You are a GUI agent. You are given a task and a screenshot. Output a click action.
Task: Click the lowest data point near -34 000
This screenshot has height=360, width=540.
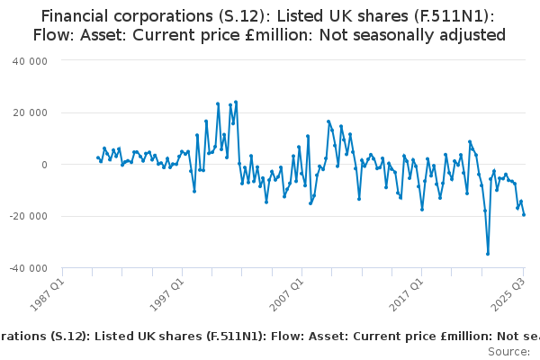pyautogui.click(x=488, y=254)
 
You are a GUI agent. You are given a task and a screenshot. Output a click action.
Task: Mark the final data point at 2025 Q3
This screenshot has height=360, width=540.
pyautogui.click(x=524, y=214)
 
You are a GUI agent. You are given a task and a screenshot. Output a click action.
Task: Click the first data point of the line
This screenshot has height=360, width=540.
pyautogui.click(x=97, y=157)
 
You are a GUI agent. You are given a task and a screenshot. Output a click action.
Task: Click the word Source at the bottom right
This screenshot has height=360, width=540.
pyautogui.click(x=509, y=351)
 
